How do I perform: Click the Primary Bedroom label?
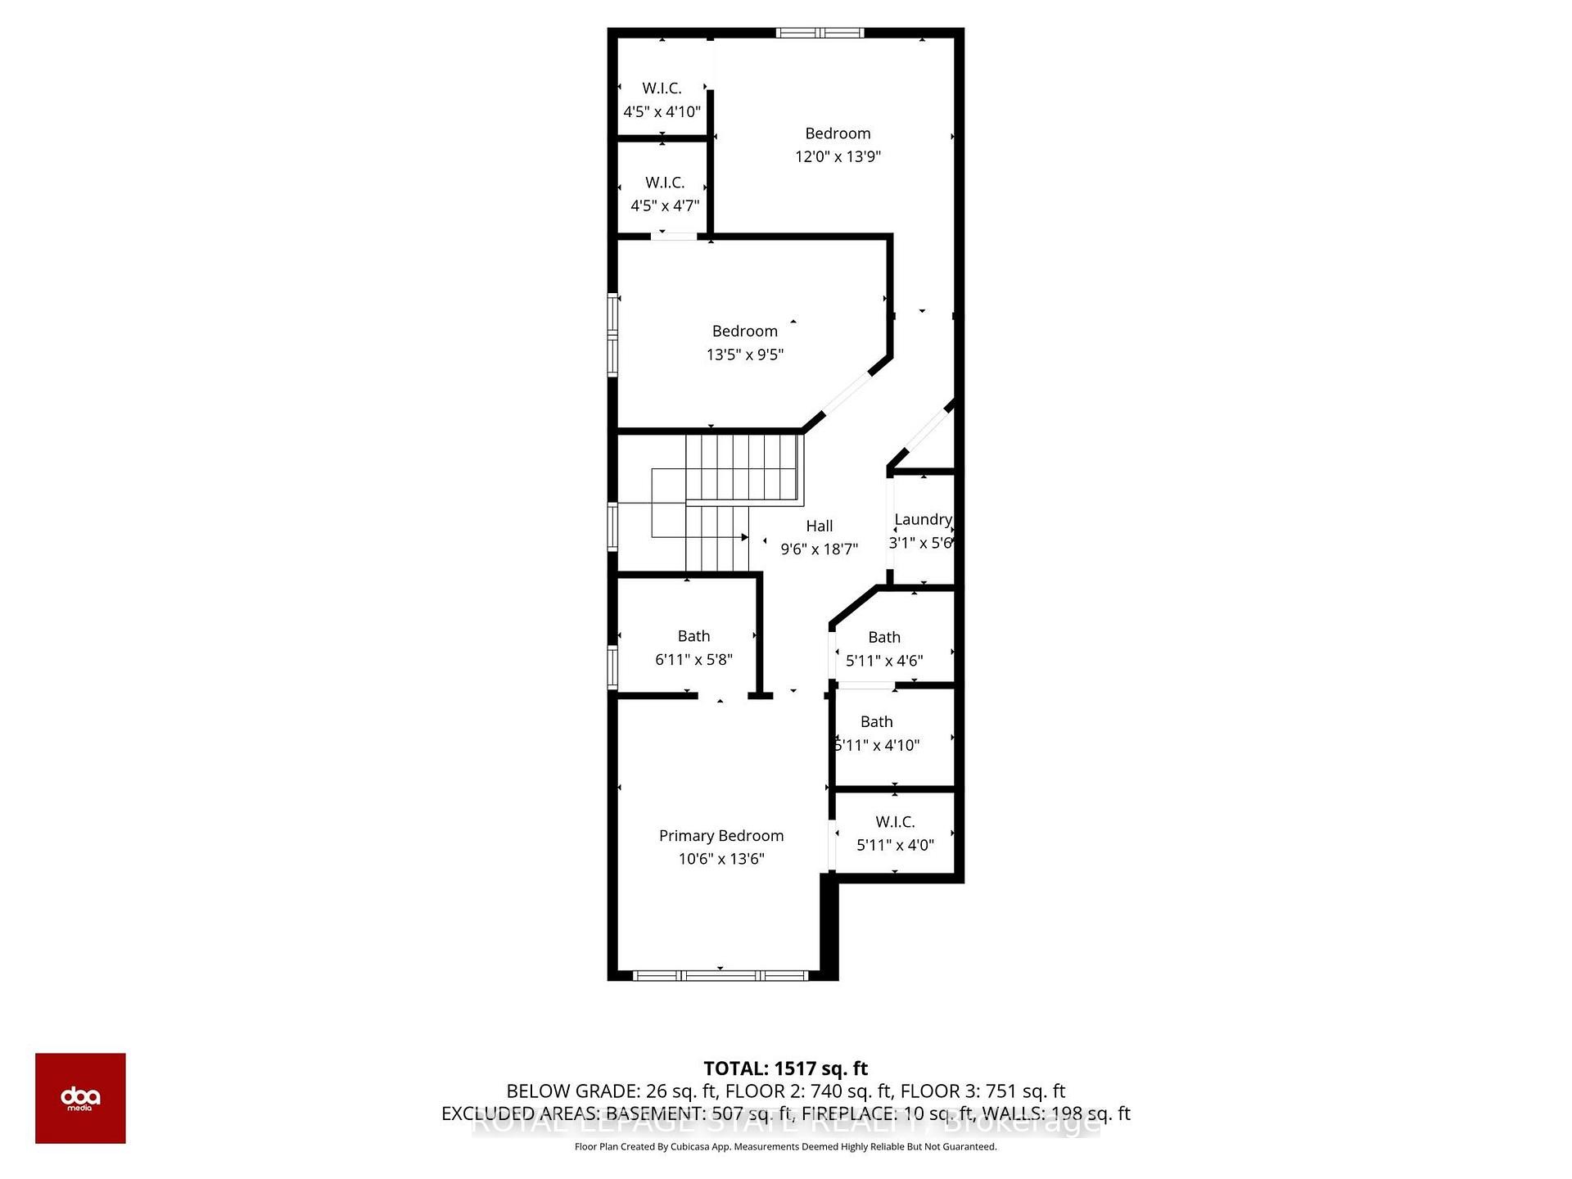click(x=721, y=835)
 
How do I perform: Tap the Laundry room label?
click(x=923, y=519)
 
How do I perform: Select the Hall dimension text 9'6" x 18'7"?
click(x=819, y=549)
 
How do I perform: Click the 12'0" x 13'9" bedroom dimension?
click(x=838, y=156)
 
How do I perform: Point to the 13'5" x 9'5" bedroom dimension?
click(x=745, y=355)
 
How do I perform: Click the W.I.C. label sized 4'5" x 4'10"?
click(x=662, y=88)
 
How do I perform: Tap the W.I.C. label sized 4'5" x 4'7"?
click(x=664, y=183)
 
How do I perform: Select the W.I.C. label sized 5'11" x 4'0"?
click(x=895, y=821)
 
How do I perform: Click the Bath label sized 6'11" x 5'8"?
click(x=693, y=636)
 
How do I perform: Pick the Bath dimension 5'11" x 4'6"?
click(x=884, y=661)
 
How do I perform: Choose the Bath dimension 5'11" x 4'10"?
click(x=877, y=745)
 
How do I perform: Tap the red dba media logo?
click(x=80, y=1098)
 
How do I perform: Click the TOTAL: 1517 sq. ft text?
click(x=785, y=1068)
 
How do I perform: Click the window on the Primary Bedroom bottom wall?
click(x=720, y=975)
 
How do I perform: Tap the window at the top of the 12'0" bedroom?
click(x=820, y=34)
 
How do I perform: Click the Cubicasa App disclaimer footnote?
click(x=785, y=1147)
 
